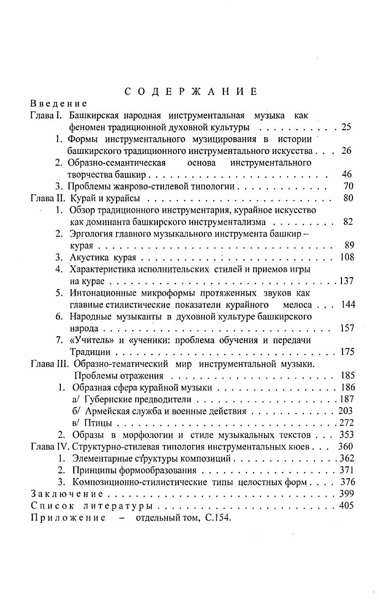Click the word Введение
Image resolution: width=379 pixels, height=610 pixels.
tap(58, 103)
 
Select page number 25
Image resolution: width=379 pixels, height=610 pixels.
tap(346, 127)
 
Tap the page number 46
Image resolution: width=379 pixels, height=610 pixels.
tap(347, 174)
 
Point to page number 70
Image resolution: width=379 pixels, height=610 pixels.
tap(348, 186)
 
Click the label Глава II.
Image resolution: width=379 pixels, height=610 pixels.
tap(48, 198)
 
